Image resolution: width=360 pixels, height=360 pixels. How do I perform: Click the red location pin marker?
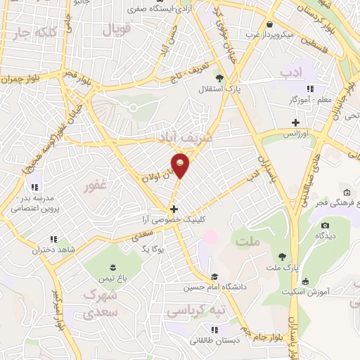pos(181,166)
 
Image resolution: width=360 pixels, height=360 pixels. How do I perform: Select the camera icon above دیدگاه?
pos(325,226)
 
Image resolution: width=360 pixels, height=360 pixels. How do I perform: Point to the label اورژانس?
pos(297,133)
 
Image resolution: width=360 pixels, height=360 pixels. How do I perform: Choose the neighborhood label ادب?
pos(290,72)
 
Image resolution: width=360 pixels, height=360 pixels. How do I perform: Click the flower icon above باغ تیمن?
pos(111,265)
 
